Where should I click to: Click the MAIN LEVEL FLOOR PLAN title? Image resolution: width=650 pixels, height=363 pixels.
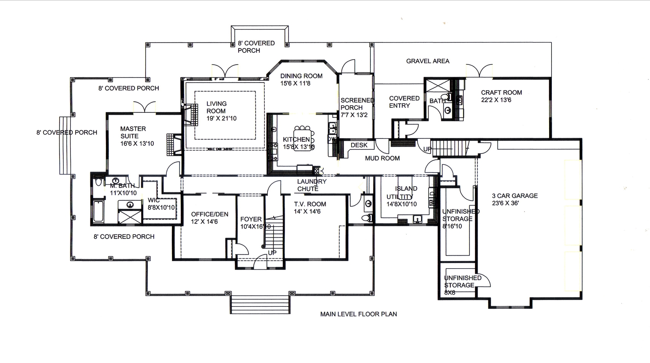[359, 314]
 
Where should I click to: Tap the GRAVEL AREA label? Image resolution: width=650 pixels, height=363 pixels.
[428, 61]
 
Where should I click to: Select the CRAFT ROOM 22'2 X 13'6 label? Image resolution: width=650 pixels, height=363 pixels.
[501, 96]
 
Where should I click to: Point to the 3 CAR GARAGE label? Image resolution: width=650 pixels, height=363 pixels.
[515, 199]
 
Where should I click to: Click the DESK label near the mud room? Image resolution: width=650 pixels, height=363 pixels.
[359, 145]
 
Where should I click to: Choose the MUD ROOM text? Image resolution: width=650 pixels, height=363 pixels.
[382, 158]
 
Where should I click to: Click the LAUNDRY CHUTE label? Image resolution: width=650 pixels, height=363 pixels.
[311, 185]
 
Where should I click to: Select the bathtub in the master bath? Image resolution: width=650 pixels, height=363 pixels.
[99, 211]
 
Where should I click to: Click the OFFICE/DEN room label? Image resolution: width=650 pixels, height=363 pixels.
[209, 218]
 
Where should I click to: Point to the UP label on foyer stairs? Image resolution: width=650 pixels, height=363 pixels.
[272, 253]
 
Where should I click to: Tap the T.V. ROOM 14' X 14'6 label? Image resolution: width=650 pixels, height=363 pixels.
[309, 208]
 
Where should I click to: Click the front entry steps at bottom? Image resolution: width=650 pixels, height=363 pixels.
[261, 304]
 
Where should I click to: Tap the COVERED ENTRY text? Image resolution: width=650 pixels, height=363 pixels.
[404, 102]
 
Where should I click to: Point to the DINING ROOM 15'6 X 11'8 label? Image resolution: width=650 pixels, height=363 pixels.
[301, 80]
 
